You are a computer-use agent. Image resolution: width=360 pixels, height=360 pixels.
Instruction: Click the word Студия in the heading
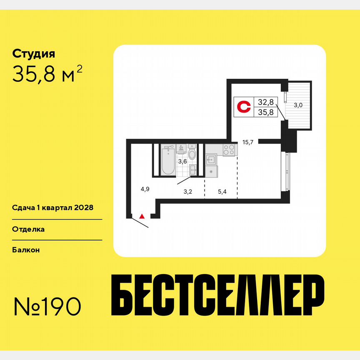34,54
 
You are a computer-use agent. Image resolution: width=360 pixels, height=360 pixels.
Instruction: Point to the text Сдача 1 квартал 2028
52,207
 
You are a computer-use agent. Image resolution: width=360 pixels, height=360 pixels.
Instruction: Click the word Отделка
28,229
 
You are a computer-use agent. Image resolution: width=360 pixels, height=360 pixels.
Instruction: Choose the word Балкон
26,250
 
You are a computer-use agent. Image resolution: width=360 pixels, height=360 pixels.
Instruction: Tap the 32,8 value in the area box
265,102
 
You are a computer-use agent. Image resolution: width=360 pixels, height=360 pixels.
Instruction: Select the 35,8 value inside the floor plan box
265,112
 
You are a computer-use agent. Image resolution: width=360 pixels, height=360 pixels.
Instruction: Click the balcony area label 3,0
298,105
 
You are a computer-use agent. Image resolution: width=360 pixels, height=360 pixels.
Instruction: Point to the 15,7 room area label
248,142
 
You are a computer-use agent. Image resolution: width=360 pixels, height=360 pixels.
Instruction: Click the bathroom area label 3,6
182,161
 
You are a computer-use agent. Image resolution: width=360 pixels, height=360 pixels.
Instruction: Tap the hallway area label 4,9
145,189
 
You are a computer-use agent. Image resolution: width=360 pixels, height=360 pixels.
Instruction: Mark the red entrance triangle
142,216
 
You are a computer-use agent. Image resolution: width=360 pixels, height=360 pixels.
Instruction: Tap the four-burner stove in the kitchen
228,150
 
